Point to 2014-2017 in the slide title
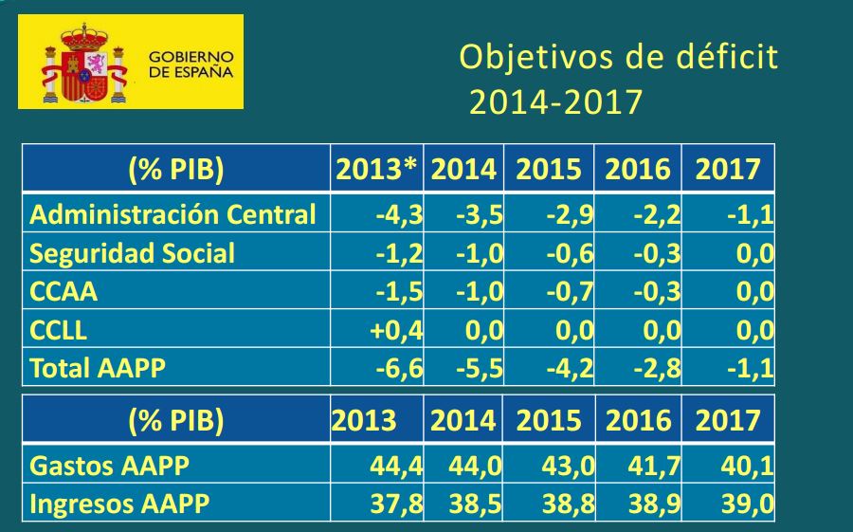[555, 101]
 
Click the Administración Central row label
[172, 214]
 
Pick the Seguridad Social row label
[133, 253]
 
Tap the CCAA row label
[64, 292]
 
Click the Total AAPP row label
[98, 368]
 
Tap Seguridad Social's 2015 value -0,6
[570, 253]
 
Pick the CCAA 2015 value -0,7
[570, 292]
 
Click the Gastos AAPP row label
[110, 466]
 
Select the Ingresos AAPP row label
[119, 504]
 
